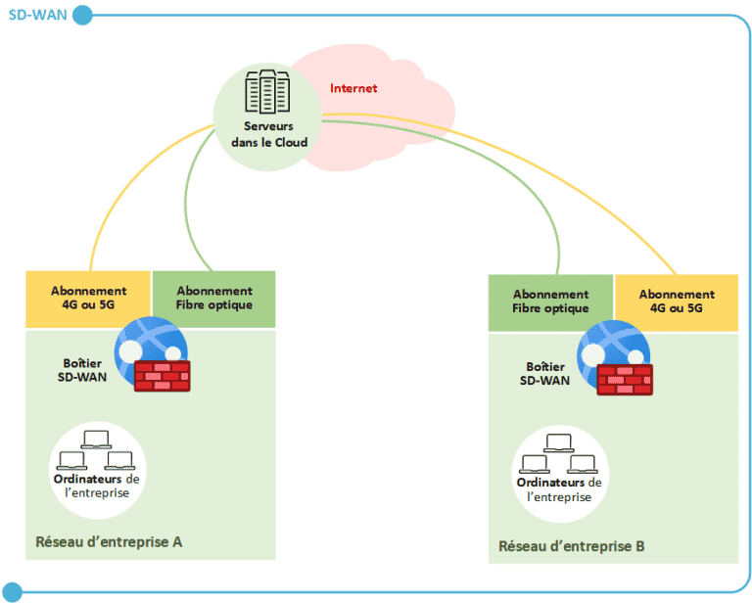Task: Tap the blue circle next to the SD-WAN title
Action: (83, 15)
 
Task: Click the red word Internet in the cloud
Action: (353, 88)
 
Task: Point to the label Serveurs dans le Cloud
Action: (268, 134)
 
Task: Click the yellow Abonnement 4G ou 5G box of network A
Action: (89, 298)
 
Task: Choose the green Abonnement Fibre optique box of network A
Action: (213, 298)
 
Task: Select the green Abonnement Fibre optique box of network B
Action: (550, 301)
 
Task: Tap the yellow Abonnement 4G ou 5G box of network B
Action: (676, 301)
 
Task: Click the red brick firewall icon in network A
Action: (162, 376)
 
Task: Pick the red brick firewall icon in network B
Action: (625, 378)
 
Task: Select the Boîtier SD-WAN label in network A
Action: (77, 369)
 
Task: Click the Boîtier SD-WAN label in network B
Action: (544, 372)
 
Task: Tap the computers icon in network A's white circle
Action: (95, 450)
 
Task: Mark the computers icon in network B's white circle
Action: (559, 453)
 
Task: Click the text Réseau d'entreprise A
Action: (109, 541)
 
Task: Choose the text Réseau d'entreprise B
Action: (572, 545)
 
